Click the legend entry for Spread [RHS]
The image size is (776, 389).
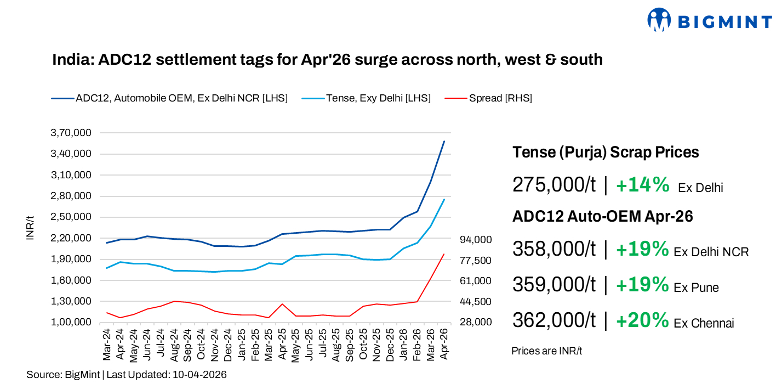pos(500,98)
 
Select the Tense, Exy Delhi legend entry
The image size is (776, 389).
pos(378,98)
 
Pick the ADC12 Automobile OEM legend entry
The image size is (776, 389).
pos(181,98)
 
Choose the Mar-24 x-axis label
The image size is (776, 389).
pos(107,344)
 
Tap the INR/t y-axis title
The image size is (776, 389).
pos(31,228)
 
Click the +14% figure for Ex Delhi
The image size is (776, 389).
pos(642,185)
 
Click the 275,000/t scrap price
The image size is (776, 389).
pos(554,185)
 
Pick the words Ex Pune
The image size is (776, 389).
pos(696,287)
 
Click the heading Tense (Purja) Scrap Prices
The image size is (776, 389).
pos(606,152)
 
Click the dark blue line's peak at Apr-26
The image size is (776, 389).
pos(444,142)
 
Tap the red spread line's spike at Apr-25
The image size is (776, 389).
pos(282,304)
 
